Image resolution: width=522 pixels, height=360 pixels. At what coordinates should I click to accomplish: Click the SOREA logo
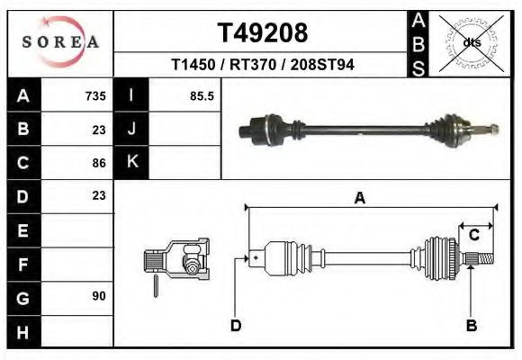pos(60,42)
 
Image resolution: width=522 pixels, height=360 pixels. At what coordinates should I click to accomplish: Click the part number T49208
pos(263,32)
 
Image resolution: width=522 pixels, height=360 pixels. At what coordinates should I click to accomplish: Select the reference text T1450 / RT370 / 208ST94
pos(263,66)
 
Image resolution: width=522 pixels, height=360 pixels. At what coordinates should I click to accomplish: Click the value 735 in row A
pos(95,96)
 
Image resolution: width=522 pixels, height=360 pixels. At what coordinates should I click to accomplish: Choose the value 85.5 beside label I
pos(202,96)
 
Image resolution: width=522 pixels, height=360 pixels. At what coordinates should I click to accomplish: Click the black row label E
pos(22,230)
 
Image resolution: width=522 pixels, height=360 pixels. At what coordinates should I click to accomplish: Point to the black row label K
pos(131,162)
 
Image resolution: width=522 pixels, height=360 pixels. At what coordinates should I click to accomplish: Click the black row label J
pos(131,129)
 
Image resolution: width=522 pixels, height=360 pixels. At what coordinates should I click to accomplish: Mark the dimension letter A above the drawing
pos(359,199)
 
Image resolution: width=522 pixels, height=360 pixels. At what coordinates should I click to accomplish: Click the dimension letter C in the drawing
pos(473,235)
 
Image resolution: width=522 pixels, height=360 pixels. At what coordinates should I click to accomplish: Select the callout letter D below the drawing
pos(236,325)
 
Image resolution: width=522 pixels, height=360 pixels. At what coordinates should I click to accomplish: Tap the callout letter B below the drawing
pos(470,325)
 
